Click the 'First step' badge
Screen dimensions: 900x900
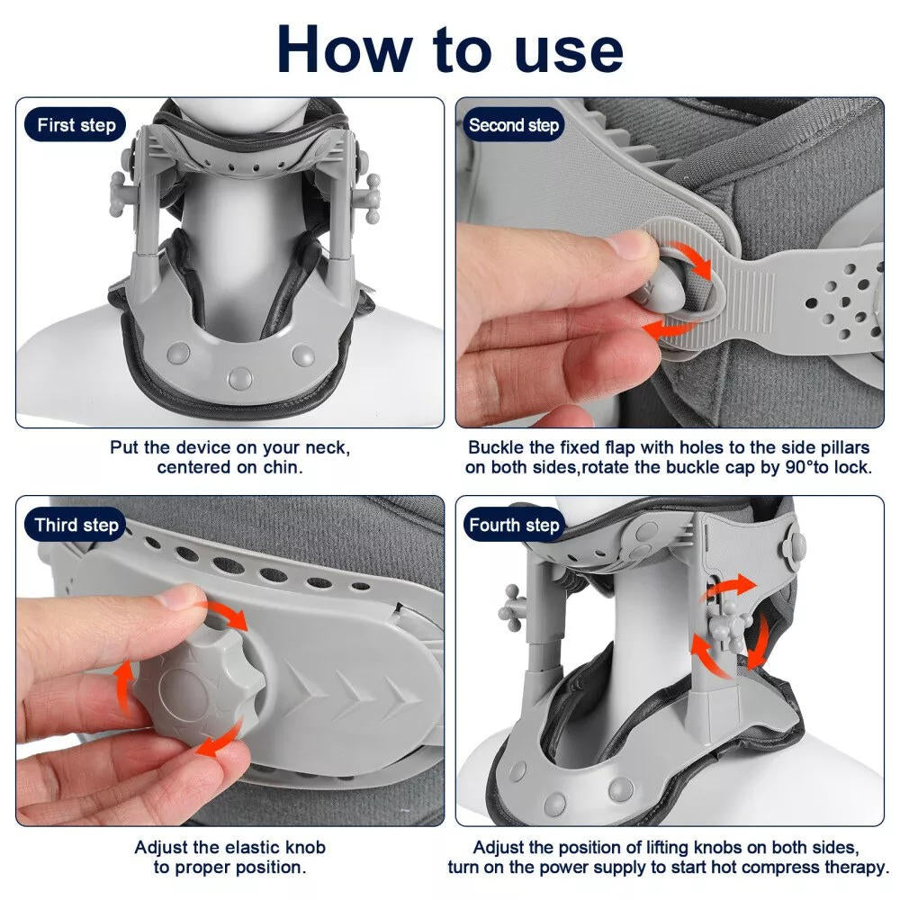point(76,125)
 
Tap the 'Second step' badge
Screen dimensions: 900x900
point(514,125)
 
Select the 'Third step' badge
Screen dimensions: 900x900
point(76,525)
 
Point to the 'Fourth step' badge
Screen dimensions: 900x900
point(514,525)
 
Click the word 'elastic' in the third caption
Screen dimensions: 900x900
point(244,848)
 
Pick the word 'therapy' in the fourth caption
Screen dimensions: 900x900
point(850,868)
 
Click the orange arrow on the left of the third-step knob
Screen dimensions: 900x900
point(122,691)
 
